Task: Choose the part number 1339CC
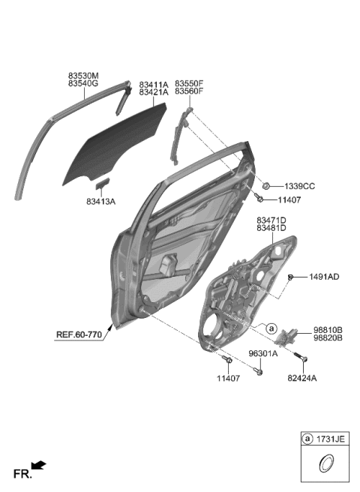point(298,185)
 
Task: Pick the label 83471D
point(271,220)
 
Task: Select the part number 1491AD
point(324,277)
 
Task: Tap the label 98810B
point(328,329)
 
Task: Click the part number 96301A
point(262,353)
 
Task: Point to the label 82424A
point(301,379)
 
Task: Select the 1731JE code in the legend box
point(329,439)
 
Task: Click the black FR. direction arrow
point(38,467)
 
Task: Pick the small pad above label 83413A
point(102,182)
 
